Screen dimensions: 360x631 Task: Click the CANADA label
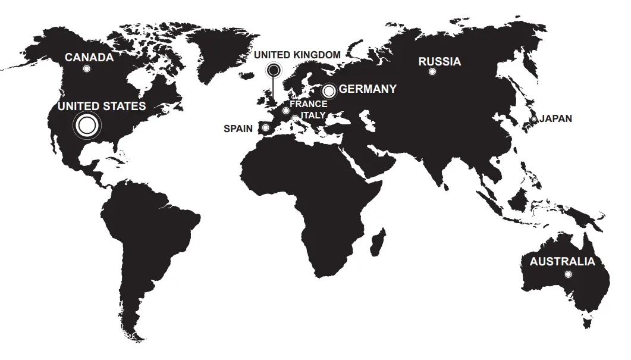click(89, 57)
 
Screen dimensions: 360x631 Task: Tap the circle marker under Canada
click(87, 69)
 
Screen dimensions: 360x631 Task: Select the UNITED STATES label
click(101, 106)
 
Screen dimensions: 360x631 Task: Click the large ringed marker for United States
click(87, 125)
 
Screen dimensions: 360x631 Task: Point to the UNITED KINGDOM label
click(297, 55)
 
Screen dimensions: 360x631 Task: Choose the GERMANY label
click(368, 89)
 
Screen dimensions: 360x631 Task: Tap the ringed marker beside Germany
click(329, 91)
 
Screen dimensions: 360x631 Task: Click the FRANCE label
click(308, 104)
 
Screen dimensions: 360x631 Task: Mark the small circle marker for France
click(286, 111)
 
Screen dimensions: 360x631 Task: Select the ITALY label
click(313, 115)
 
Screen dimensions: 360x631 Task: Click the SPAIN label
click(238, 129)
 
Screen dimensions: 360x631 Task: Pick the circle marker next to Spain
click(265, 128)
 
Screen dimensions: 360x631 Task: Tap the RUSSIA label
click(439, 61)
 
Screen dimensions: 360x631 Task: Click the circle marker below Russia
click(432, 72)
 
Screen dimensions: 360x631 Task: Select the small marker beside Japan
click(534, 120)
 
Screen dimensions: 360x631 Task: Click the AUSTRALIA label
click(562, 262)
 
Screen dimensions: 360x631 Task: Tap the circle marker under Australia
click(568, 274)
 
